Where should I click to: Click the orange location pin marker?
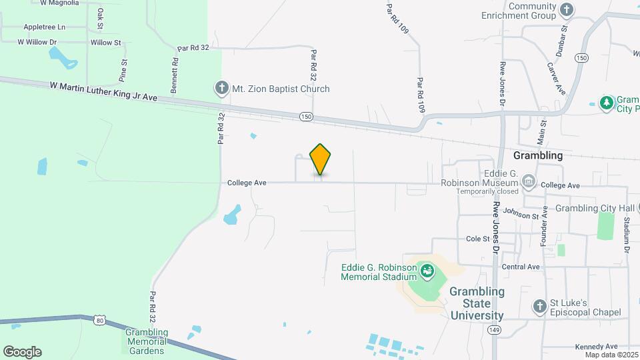pos(320,159)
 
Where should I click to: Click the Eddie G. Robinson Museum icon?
pos(529,180)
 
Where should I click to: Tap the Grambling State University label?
pos(477,303)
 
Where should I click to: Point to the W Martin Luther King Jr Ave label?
pos(103,91)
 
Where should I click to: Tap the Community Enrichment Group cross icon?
pos(567,9)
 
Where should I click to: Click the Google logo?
pos(22,352)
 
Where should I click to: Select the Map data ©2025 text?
pos(610,354)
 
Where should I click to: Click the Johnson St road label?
pos(521,214)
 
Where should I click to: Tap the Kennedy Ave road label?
pos(596,347)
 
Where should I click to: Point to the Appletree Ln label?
pos(44,27)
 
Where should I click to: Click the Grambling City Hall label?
pos(595,208)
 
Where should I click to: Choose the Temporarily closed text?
pos(487,191)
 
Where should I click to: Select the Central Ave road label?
pos(520,267)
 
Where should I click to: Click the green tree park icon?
pos(607,103)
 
